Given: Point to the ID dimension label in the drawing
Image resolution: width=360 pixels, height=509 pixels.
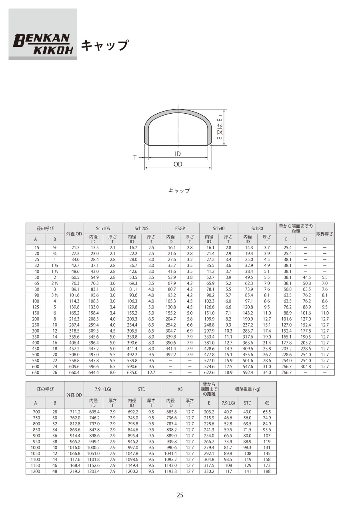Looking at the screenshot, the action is tap(178, 154).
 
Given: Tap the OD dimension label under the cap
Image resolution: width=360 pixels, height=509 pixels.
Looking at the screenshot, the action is tap(178, 164).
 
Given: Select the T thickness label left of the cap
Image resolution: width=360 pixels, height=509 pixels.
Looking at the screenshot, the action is tap(135, 157).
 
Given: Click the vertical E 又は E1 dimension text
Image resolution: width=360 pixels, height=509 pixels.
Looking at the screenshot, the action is tap(220, 128).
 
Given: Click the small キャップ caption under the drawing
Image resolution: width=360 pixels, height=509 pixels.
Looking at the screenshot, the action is tap(179, 191).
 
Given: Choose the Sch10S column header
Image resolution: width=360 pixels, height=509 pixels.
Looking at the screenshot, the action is tap(103, 228).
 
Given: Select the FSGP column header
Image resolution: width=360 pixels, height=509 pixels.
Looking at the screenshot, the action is tap(180, 228).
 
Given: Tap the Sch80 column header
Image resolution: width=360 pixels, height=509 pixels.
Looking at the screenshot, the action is tap(257, 228).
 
